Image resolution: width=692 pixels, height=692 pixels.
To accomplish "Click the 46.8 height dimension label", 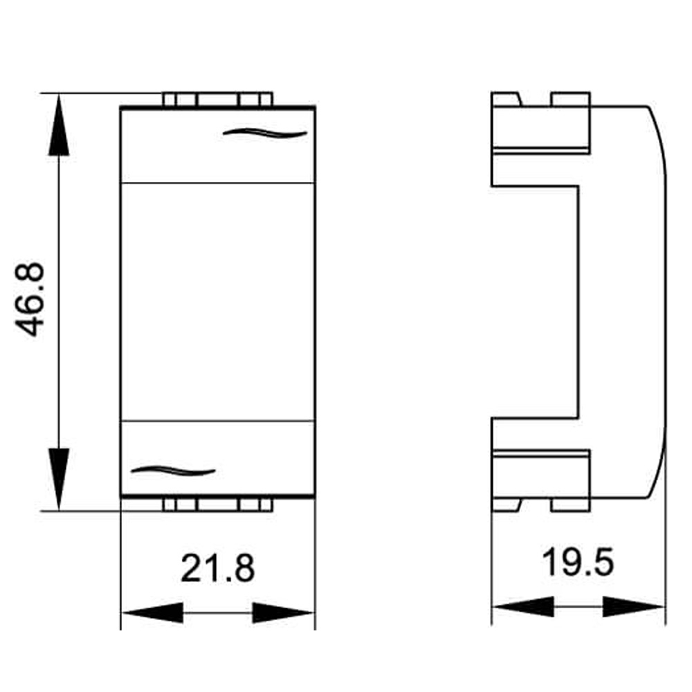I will point(31,299).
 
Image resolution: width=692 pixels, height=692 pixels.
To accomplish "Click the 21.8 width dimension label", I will point(218,568).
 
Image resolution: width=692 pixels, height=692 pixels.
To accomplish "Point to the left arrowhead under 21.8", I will point(152,613).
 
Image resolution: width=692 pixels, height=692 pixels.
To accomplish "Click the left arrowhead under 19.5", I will point(522,608).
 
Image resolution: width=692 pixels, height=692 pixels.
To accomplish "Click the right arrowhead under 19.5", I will point(634,608).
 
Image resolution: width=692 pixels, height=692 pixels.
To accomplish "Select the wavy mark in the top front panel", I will point(264,133).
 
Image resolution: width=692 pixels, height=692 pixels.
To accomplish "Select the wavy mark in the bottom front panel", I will point(173,471).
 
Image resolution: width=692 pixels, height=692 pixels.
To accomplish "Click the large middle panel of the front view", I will point(218,301).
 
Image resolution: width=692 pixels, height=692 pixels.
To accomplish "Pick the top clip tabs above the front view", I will point(218,100).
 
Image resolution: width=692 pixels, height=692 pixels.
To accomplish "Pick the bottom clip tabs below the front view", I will point(218,504).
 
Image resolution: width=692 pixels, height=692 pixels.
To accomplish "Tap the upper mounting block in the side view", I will point(540,128).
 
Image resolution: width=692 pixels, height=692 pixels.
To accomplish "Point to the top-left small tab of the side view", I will point(505,99).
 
